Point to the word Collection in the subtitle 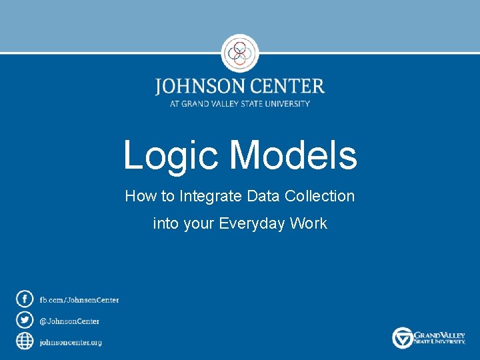pos(319,196)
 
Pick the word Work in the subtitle pos(309,223)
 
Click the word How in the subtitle pos(139,196)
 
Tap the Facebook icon pos(25,299)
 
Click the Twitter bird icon pos(25,320)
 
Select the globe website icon pos(25,341)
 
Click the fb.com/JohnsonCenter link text pos(79,300)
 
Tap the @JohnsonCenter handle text pos(69,321)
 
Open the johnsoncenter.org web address pos(71,342)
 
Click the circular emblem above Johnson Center pos(239,53)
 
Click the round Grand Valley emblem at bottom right pos(403,337)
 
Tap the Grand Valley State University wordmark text pos(439,337)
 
